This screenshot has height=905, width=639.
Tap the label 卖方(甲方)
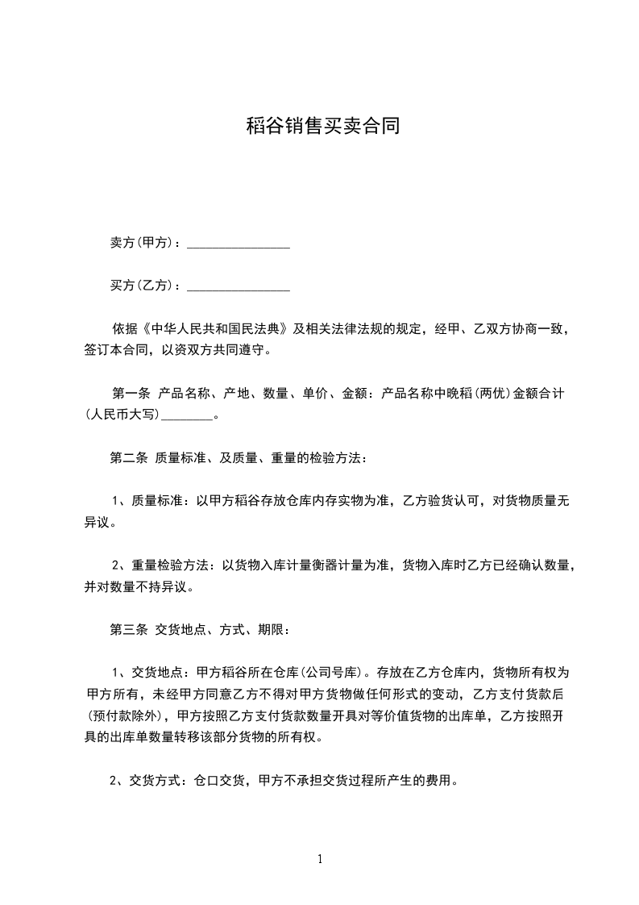(144, 242)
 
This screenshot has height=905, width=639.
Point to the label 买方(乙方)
(144, 285)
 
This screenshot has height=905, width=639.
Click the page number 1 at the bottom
(320, 858)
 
